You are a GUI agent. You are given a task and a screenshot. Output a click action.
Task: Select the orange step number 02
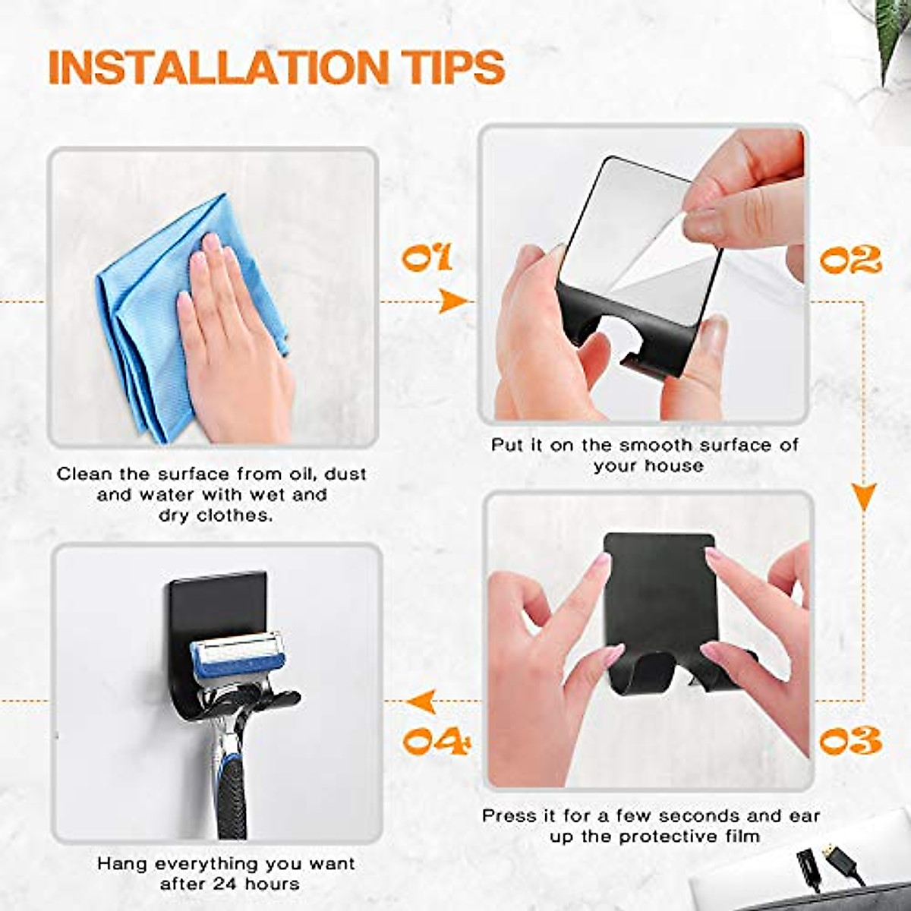coord(850,260)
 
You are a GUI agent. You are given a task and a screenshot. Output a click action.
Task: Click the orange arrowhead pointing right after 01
coord(453,301)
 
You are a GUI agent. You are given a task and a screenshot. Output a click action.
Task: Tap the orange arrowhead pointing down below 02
coord(865,496)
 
